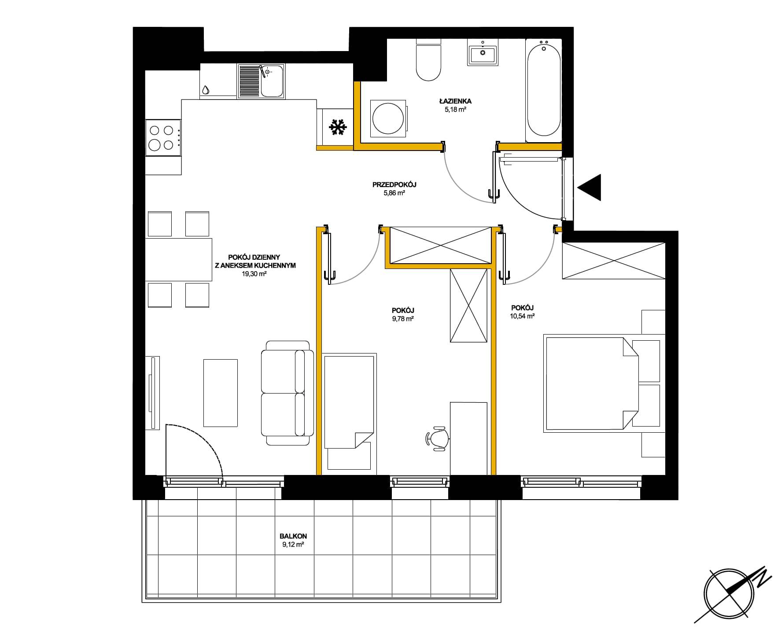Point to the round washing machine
point(388,118)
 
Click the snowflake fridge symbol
point(338,127)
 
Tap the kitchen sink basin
point(272,81)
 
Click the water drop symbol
point(206,90)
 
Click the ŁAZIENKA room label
point(455,101)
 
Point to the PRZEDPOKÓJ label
point(394,185)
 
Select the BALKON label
point(293,537)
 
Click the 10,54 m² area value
point(523,316)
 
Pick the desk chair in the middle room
point(437,438)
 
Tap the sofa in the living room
point(287,393)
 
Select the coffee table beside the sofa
point(221,393)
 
